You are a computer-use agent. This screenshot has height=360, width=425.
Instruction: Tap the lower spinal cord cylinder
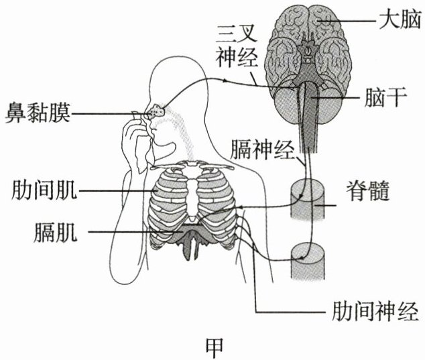click(307, 262)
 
